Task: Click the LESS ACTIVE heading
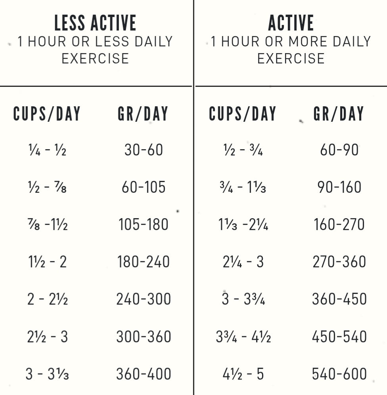pos(95,23)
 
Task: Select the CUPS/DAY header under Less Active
pos(47,113)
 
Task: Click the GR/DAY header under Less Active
pos(143,113)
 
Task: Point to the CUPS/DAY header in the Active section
pos(243,113)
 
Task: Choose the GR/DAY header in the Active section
pos(339,113)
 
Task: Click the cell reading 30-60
pos(144,150)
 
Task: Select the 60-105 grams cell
pos(144,187)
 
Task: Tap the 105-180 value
pos(144,224)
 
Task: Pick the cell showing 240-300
pos(144,299)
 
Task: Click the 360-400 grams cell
pos(144,374)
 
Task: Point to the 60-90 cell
pos(339,150)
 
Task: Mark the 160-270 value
pos(339,224)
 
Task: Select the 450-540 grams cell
pos(339,337)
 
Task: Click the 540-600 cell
pos(339,374)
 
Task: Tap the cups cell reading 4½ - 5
pos(243,374)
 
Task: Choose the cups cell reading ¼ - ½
pos(47,150)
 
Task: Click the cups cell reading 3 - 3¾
pos(243,299)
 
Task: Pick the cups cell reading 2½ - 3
pos(47,337)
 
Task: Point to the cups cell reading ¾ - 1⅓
pos(243,187)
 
